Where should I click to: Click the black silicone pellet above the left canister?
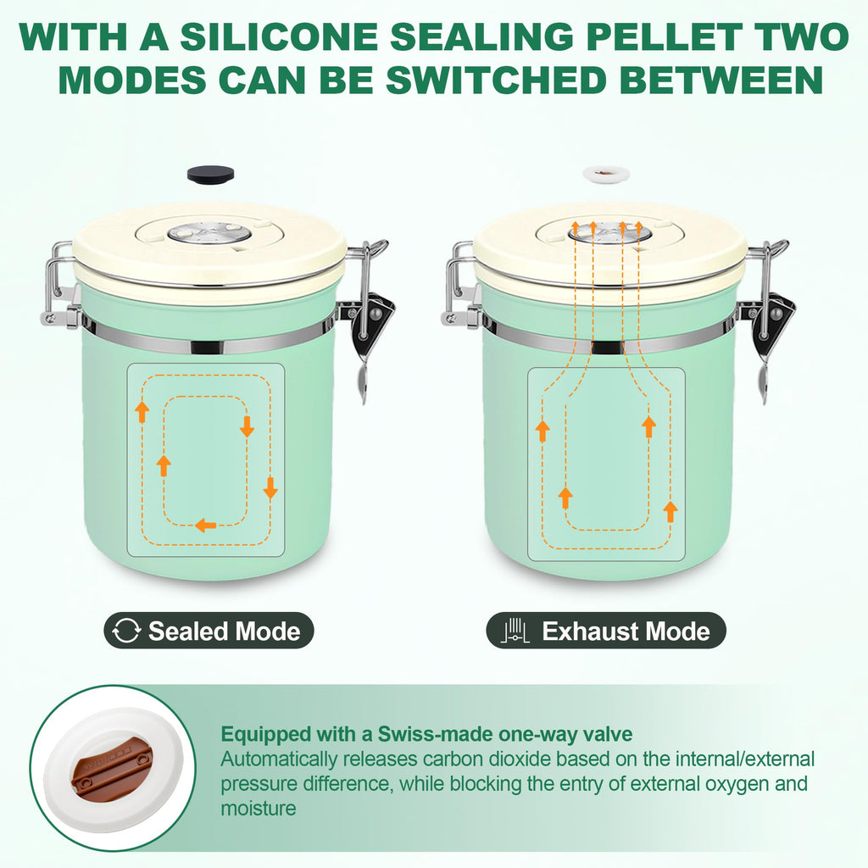(210, 175)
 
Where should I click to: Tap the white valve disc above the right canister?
(606, 175)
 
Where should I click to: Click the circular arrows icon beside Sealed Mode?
(126, 631)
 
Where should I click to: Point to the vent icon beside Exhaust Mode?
(515, 631)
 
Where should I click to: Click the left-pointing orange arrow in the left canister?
(205, 525)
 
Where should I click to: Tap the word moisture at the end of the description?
(259, 809)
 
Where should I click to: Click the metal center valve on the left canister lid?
(210, 233)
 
